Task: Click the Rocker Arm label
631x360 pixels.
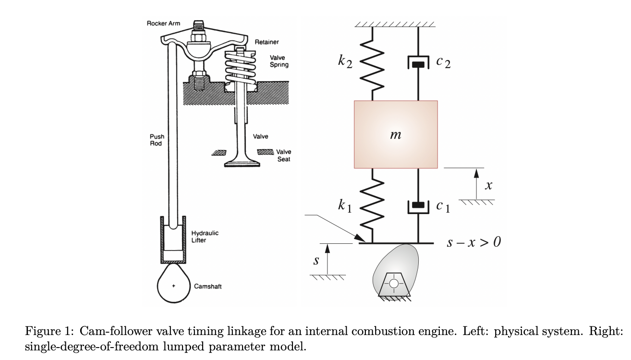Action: tap(163, 24)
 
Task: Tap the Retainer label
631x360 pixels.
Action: tap(267, 42)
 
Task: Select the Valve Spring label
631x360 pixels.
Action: tap(279, 61)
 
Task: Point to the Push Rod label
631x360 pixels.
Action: tap(157, 140)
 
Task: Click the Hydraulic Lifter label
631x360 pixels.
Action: tap(205, 237)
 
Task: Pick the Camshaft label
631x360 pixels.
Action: tap(207, 286)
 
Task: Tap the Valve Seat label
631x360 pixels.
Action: tap(284, 156)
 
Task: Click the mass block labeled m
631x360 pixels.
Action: tap(396, 134)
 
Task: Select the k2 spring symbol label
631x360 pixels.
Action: tap(345, 61)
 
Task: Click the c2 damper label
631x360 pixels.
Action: tap(443, 62)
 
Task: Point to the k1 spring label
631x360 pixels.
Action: tap(345, 205)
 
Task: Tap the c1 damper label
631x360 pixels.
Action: tap(443, 206)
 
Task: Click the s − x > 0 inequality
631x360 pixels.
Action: tap(474, 242)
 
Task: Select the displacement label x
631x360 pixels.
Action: tap(489, 185)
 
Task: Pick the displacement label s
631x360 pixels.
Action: tap(316, 260)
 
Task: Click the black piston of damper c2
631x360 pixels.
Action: tap(418, 64)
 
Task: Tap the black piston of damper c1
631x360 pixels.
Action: tap(418, 204)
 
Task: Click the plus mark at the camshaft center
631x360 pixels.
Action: tap(173, 286)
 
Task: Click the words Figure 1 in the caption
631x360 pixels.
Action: tap(49, 331)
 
